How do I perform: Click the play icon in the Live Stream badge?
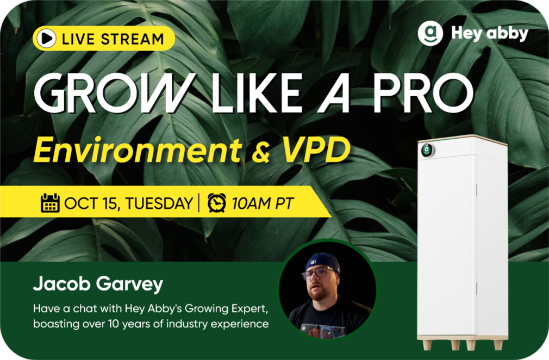(46, 39)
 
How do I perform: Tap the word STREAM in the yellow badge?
(132, 39)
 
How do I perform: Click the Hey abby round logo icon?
(431, 33)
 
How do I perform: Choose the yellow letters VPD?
(316, 150)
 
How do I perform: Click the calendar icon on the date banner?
(50, 203)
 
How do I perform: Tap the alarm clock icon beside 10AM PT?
(217, 203)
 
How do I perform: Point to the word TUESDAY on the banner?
(159, 203)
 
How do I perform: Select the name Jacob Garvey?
(98, 284)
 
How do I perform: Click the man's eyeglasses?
(319, 272)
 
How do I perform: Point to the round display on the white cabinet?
(427, 151)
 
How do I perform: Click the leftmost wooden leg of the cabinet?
(427, 345)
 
